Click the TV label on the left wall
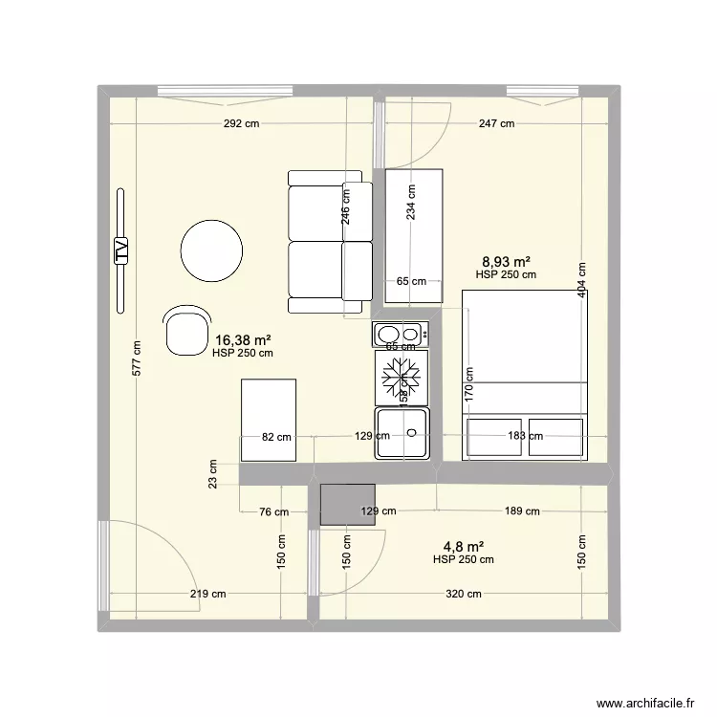(120, 250)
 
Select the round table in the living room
(211, 251)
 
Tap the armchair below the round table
(184, 331)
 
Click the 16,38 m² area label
(243, 339)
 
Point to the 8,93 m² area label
(506, 261)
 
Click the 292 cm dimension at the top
(241, 123)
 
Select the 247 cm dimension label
(496, 123)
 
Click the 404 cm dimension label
(581, 280)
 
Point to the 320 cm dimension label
(464, 594)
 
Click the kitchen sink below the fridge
(403, 432)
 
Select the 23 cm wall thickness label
(212, 473)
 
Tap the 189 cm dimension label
(521, 511)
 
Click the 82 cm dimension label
(276, 437)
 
